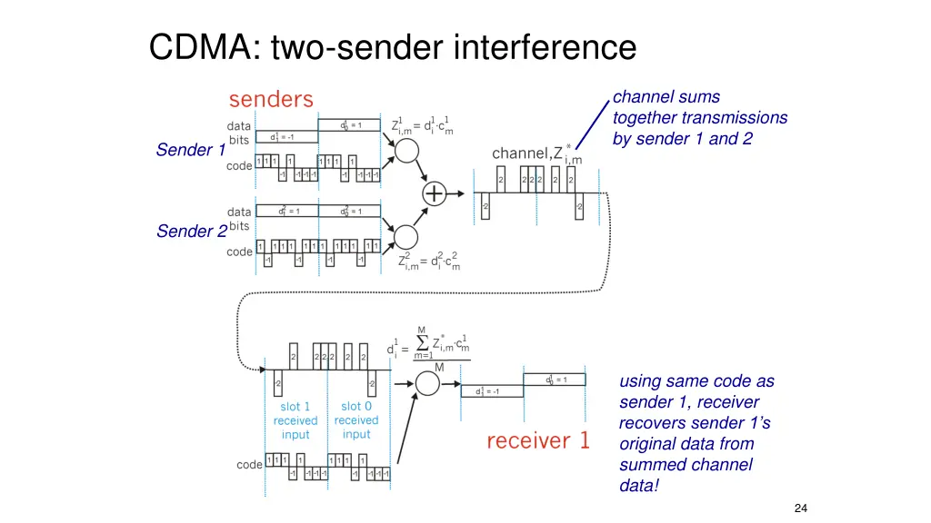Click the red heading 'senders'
tap(271, 99)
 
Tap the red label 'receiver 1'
tap(538, 442)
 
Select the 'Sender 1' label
tap(190, 150)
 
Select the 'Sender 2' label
tap(191, 232)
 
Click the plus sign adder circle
tap(435, 193)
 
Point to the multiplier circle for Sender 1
tap(405, 151)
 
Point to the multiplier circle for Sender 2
tap(405, 236)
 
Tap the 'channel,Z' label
tap(526, 153)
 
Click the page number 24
tap(800, 508)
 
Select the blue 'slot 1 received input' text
tap(295, 420)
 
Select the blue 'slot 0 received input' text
tap(356, 419)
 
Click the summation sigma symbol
tap(423, 342)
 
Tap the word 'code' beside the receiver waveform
tap(249, 465)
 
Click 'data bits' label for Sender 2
tap(240, 219)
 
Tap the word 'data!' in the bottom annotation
tap(640, 486)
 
